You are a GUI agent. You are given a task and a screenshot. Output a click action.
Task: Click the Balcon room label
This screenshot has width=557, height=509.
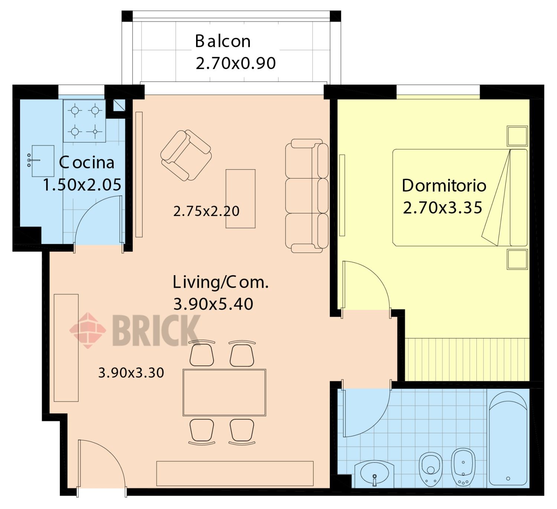pyautogui.click(x=223, y=41)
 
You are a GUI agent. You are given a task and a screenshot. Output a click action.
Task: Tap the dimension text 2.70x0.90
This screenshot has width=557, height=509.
pyautogui.click(x=236, y=63)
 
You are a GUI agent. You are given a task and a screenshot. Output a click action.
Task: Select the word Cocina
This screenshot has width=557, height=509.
pyautogui.click(x=87, y=163)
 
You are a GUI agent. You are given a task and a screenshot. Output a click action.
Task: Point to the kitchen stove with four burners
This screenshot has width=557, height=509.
pyautogui.click(x=84, y=121)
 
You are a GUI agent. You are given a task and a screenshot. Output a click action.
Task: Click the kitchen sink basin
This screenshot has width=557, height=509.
pyautogui.click(x=43, y=161)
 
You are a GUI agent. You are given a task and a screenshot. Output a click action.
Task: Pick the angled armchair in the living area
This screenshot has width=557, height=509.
pyautogui.click(x=186, y=156)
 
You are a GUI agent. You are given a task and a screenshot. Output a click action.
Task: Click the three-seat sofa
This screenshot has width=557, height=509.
pyautogui.click(x=307, y=196)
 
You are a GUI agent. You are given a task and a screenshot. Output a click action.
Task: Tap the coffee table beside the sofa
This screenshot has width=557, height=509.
pyautogui.click(x=241, y=199)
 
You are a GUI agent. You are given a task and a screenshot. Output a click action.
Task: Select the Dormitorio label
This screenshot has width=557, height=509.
pyautogui.click(x=444, y=186)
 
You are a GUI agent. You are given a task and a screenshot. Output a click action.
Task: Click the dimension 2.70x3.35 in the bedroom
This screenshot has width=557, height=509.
pyautogui.click(x=443, y=208)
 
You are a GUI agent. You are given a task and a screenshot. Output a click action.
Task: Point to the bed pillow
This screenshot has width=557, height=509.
pyautogui.click(x=519, y=198)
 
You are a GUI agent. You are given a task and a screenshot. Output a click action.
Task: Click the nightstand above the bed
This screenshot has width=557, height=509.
pyautogui.click(x=517, y=136)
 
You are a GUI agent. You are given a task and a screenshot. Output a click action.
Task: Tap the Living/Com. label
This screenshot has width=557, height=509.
pyautogui.click(x=221, y=282)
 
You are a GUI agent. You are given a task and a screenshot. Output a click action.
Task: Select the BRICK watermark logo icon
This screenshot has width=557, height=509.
pyautogui.click(x=88, y=330)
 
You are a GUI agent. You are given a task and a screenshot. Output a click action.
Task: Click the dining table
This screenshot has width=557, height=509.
pyautogui.click(x=224, y=392)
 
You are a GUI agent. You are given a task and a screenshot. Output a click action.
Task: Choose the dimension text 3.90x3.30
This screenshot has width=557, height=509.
pyautogui.click(x=131, y=373)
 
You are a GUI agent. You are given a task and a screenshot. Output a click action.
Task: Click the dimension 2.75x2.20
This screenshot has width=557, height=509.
pyautogui.click(x=206, y=211)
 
